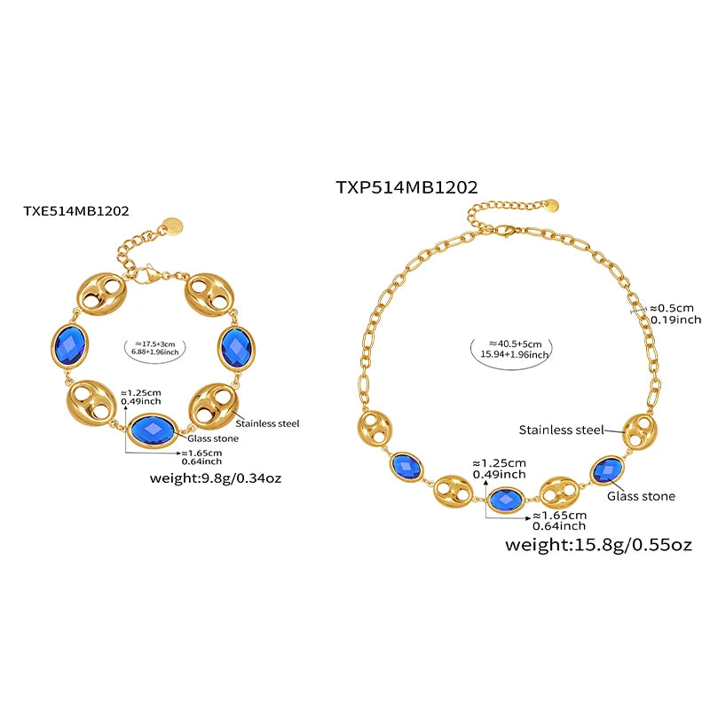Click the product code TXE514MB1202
(x=76, y=211)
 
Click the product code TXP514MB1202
(x=407, y=186)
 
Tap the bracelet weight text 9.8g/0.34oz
(x=218, y=479)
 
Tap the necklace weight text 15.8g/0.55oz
(x=597, y=544)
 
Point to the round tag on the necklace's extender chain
(x=550, y=205)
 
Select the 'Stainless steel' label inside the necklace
(x=561, y=430)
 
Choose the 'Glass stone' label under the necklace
(x=641, y=496)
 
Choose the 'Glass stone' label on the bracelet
(x=213, y=438)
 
